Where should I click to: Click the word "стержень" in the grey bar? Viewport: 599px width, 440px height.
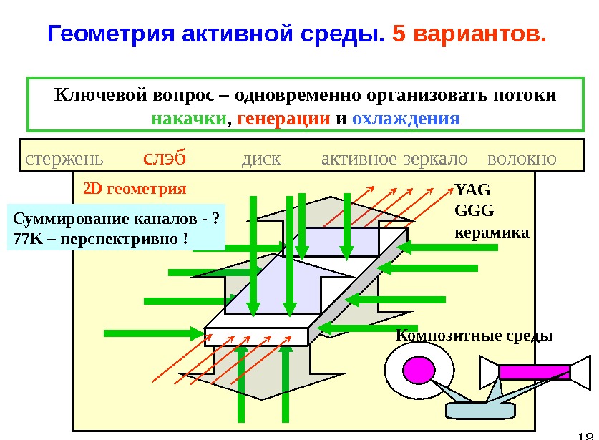(64, 158)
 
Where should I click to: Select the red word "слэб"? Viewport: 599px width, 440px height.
(165, 157)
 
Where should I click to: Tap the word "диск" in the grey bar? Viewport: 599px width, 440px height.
(262, 158)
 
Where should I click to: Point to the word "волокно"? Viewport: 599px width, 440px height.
(521, 158)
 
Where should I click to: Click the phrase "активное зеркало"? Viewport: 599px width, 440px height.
(394, 158)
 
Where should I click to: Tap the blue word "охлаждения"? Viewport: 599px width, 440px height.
(406, 118)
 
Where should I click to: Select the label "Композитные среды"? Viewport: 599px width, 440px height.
(474, 335)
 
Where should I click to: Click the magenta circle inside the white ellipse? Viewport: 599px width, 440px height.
(418, 370)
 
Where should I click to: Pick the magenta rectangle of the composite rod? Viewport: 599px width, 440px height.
(533, 372)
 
